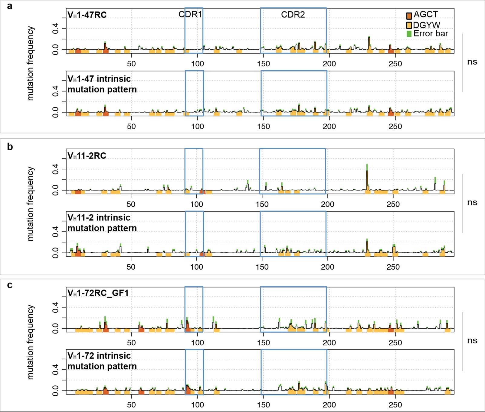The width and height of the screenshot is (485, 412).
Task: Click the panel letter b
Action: point(10,147)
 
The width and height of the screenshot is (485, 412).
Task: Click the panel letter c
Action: point(10,285)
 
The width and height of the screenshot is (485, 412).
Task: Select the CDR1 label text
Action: point(190,14)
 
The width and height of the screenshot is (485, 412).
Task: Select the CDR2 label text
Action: point(293,14)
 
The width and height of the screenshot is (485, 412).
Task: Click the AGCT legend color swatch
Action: point(409,16)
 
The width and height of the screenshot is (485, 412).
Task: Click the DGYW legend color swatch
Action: point(409,25)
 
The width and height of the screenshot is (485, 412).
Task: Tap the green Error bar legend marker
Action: point(409,34)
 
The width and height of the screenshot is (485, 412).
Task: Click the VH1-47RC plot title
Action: point(87,15)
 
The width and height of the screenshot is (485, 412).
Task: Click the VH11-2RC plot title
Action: point(87,156)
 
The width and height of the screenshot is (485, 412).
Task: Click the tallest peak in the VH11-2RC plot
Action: point(367,171)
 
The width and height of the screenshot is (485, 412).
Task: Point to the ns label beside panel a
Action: point(472,62)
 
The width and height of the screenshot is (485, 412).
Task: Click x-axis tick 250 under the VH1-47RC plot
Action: point(395,64)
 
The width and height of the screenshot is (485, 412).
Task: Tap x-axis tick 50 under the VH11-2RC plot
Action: point(131,204)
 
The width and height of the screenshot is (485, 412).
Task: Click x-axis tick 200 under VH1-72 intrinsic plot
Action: point(329,405)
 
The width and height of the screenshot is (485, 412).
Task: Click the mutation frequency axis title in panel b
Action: point(30,204)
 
